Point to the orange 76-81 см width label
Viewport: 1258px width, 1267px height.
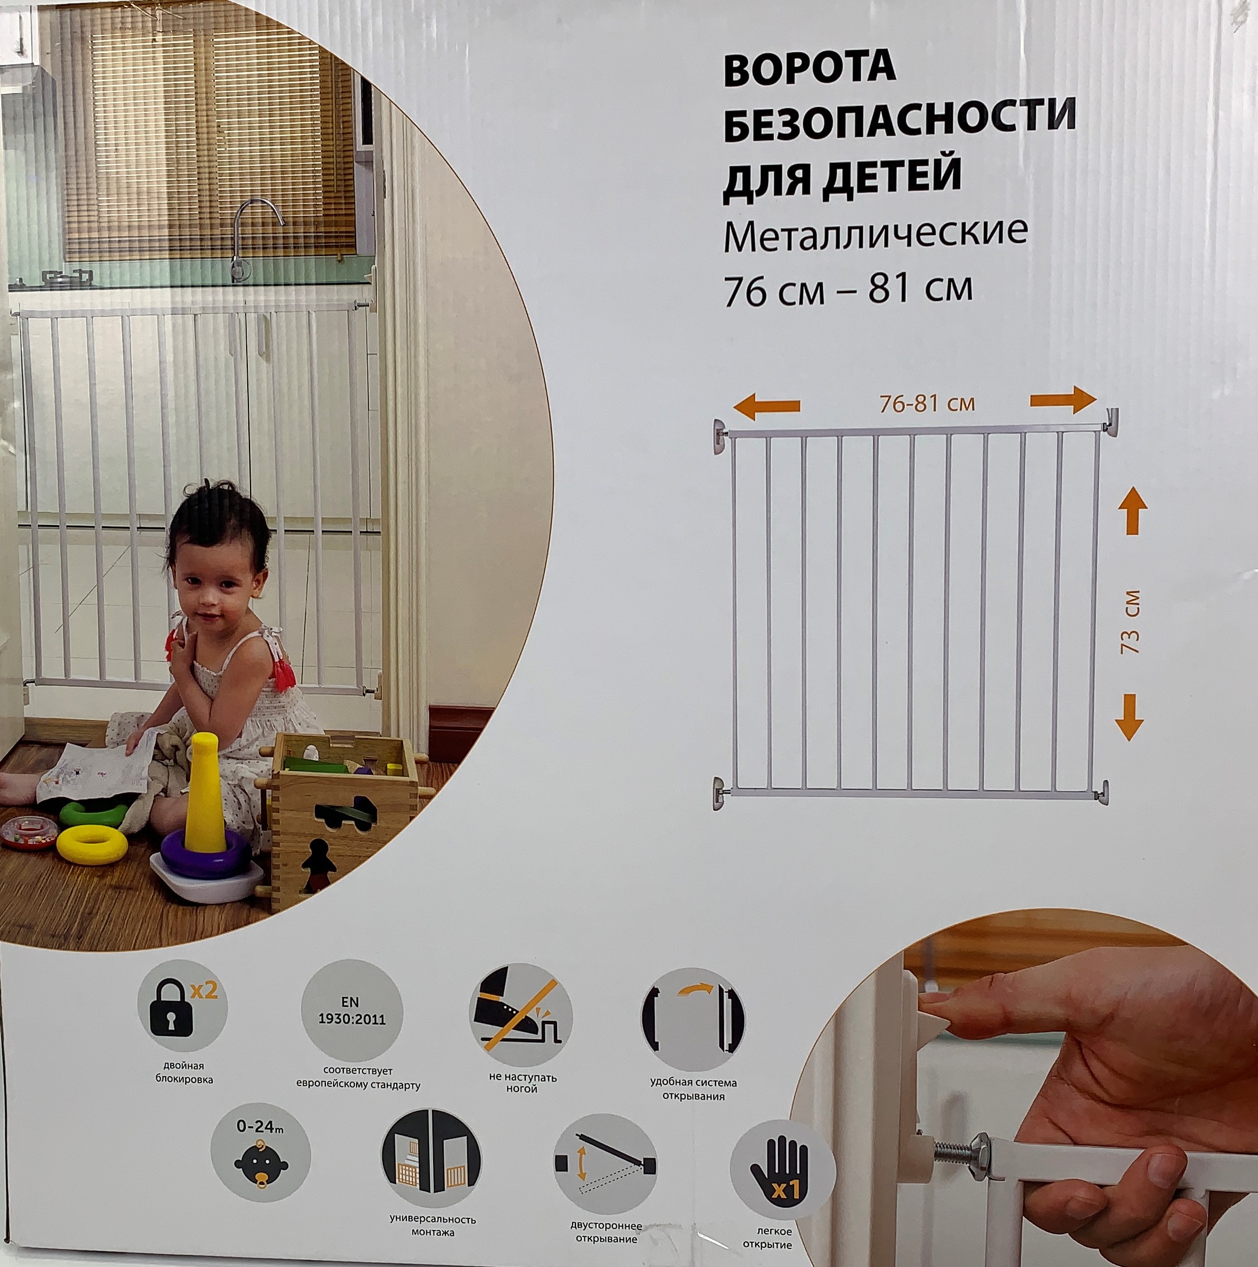point(927,404)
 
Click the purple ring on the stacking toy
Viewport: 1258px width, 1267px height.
point(205,853)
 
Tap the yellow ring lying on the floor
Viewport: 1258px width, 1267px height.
point(92,844)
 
